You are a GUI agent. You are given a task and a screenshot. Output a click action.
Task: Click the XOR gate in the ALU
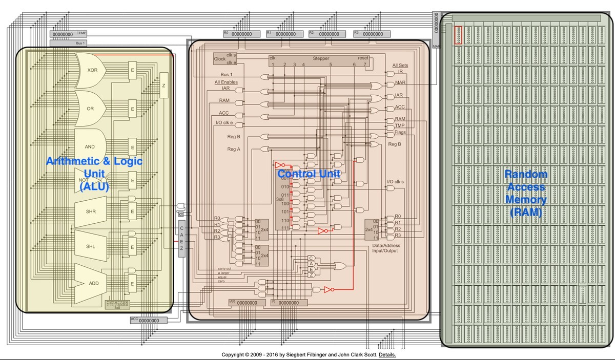[91, 70]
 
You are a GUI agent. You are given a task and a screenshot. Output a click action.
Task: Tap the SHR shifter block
[91, 211]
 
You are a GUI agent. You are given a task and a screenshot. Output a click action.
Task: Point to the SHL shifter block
[91, 247]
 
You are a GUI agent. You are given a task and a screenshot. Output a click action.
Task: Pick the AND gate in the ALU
[90, 146]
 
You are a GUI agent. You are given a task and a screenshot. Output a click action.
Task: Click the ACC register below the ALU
[149, 321]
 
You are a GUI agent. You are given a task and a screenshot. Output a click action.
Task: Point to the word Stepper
[321, 58]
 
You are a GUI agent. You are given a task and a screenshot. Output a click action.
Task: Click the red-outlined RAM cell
[458, 35]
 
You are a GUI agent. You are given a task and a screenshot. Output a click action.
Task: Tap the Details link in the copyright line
[387, 355]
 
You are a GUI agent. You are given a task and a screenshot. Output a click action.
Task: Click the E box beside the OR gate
[132, 109]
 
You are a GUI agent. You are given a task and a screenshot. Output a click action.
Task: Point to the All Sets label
[400, 66]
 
